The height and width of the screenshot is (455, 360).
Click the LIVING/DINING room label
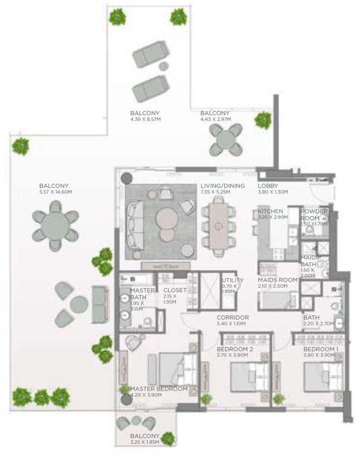pos(222,186)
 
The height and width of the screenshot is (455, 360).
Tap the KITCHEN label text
pos(270,212)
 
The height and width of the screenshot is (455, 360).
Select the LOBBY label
pos(268,186)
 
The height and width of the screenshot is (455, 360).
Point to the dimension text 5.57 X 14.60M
pos(56,192)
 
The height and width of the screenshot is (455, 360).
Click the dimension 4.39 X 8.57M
pos(146,119)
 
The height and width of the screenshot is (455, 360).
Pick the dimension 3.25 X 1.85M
pos(145,442)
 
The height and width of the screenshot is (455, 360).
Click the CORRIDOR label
pos(232,317)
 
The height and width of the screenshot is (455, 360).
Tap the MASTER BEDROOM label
pos(159,388)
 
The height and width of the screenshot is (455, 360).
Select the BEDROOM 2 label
pos(235,349)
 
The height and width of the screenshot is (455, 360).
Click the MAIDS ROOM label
pos(277,280)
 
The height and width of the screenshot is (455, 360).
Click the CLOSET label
pos(175,290)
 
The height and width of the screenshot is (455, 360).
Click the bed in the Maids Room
pos(278,300)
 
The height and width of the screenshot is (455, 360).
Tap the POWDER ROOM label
pos(314,215)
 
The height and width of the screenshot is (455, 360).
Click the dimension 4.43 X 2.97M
pos(215,119)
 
